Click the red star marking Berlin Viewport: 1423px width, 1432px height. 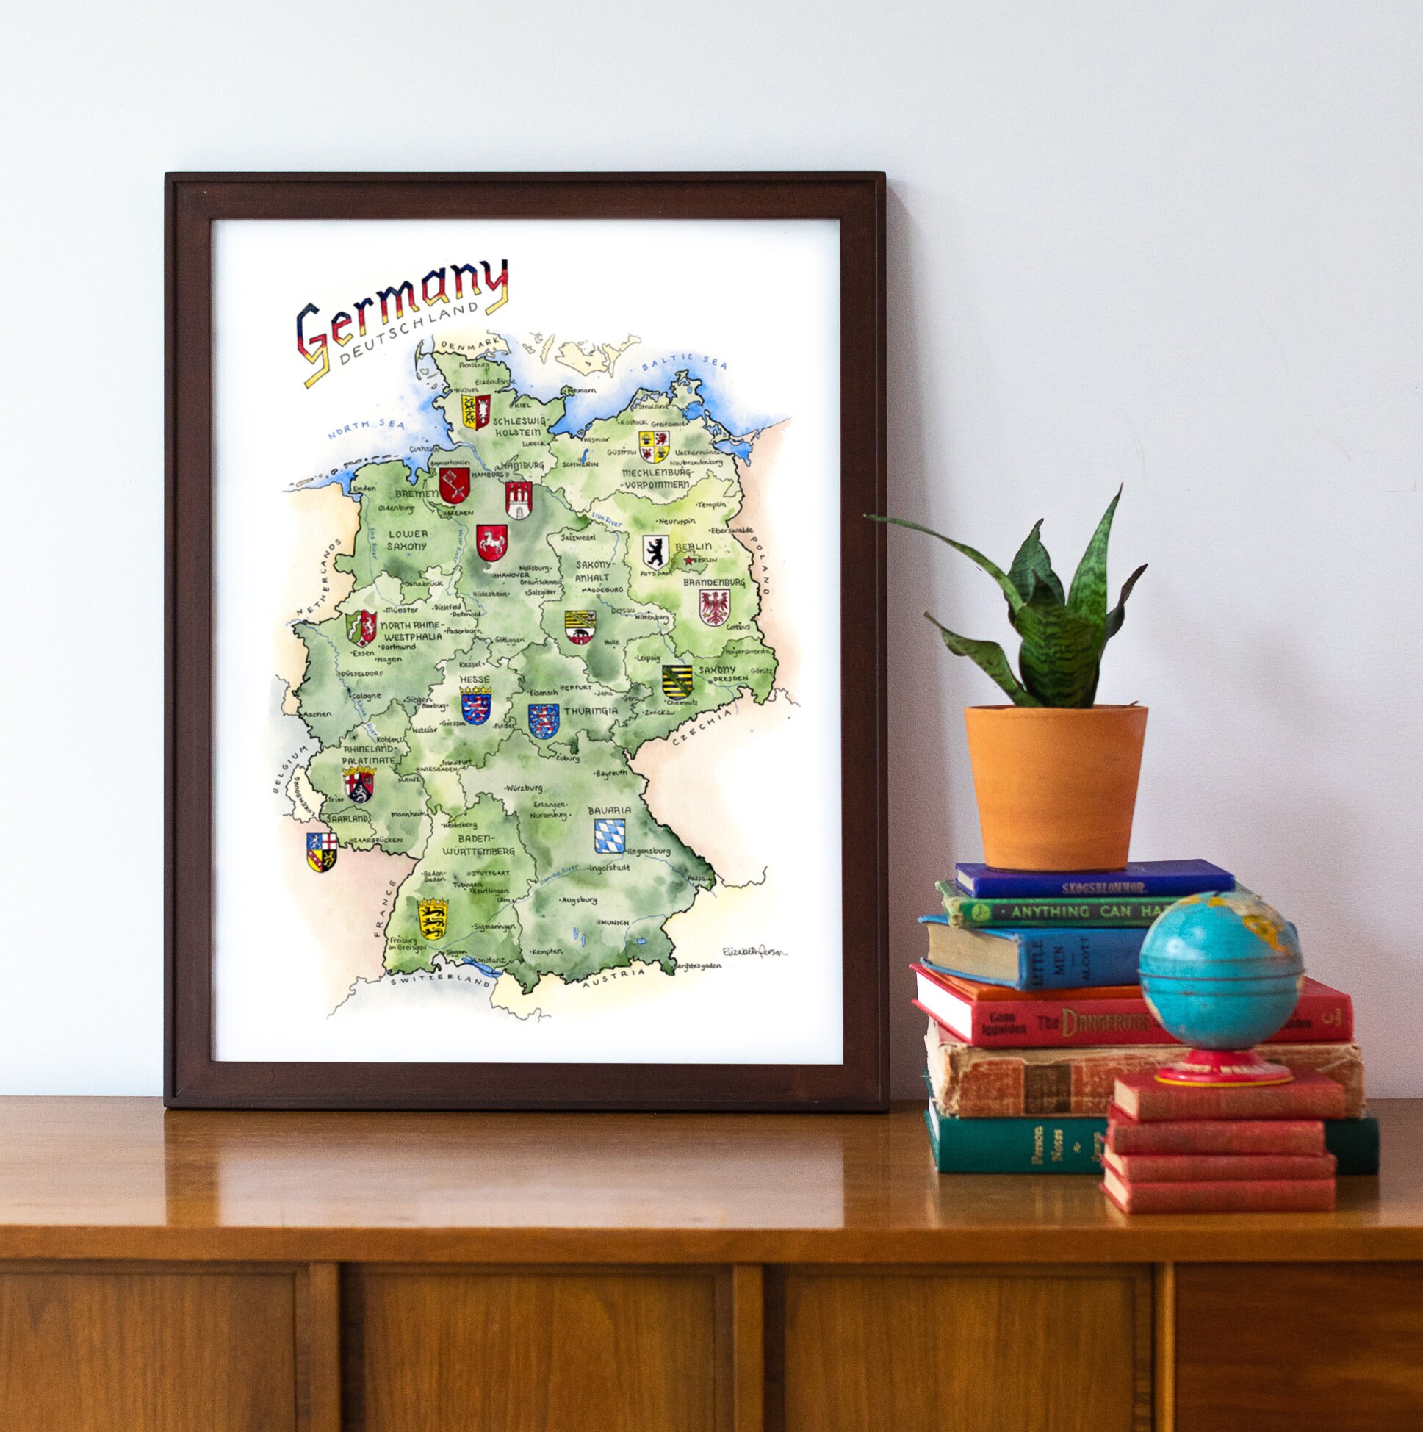point(688,561)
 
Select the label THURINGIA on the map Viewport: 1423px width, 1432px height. point(590,710)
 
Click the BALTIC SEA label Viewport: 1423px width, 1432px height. point(685,361)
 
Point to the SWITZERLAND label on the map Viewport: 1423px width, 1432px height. point(442,981)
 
